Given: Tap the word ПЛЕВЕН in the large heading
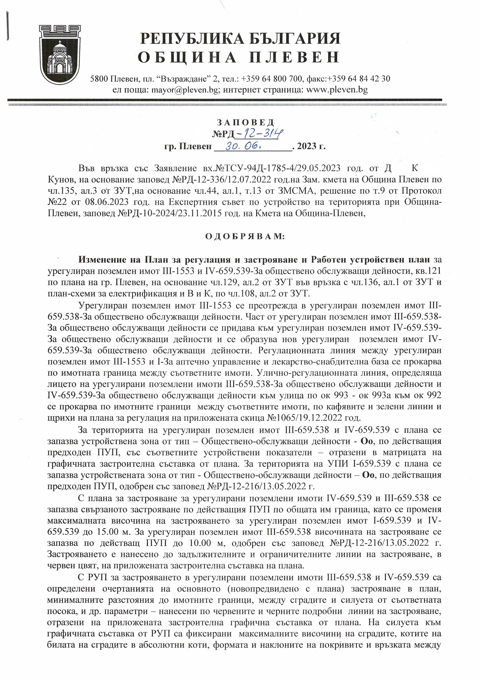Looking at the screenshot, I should tap(293, 57).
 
